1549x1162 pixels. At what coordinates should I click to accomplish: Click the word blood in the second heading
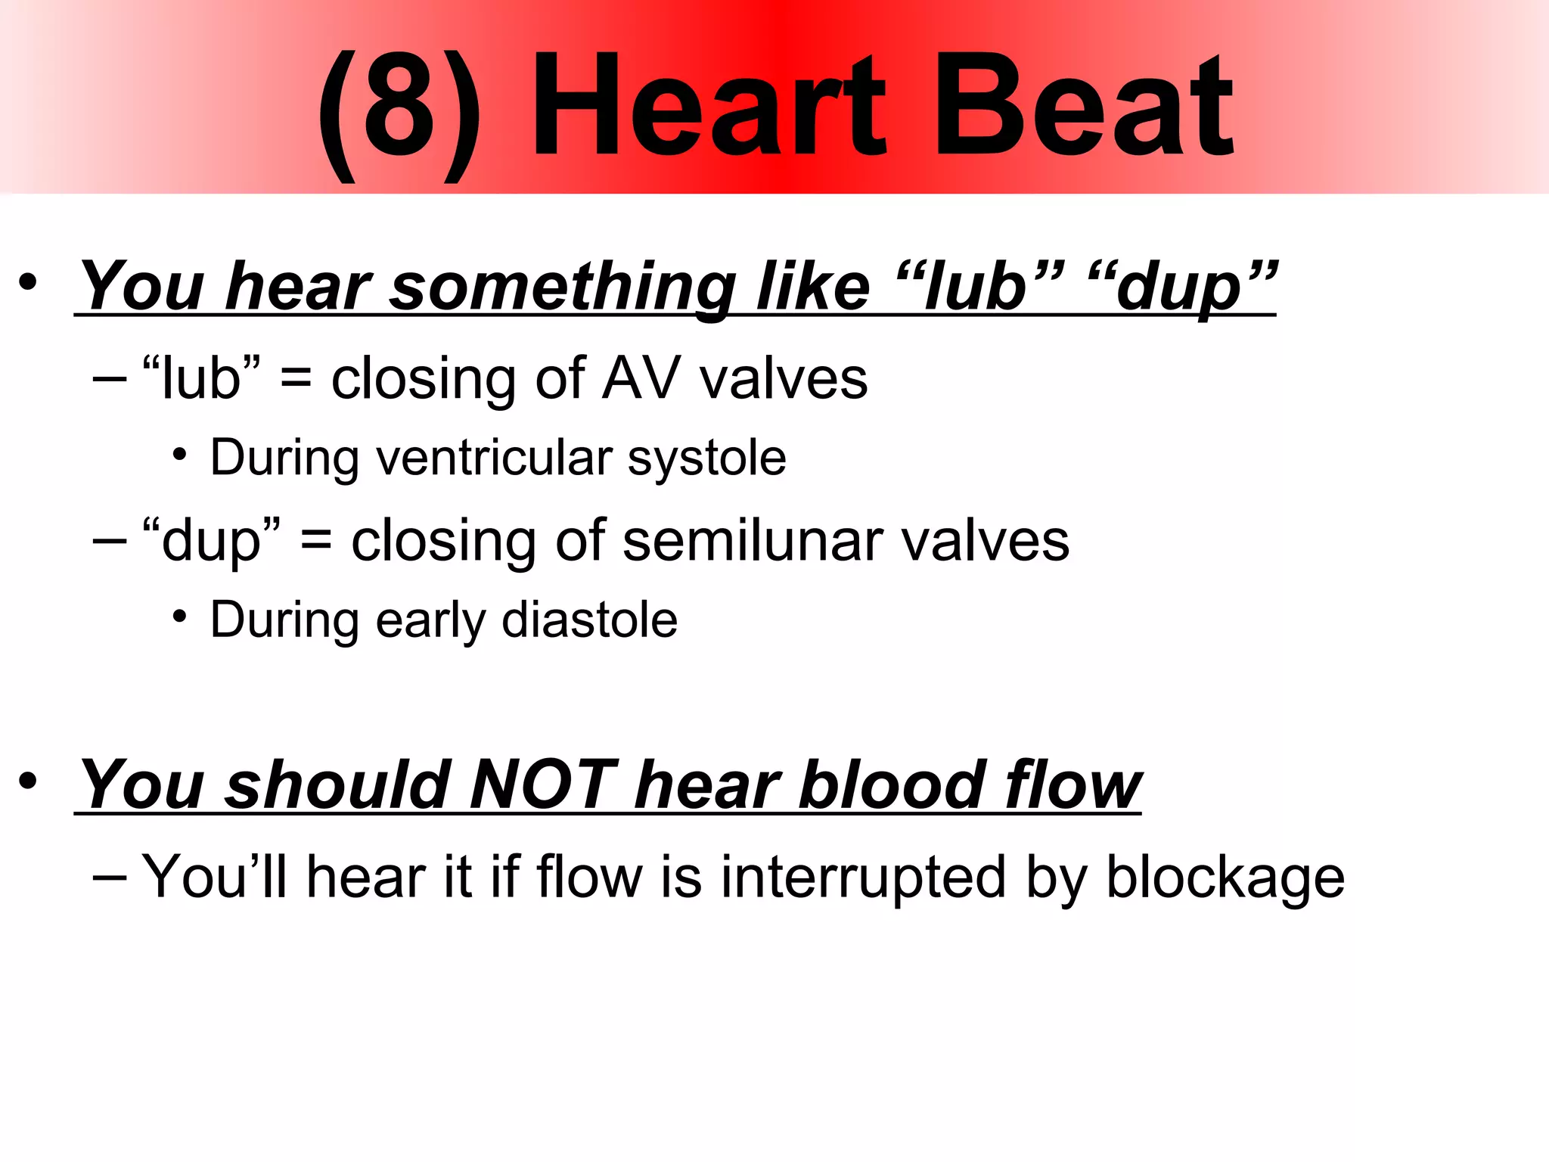(892, 785)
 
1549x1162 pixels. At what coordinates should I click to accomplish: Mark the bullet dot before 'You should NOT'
(28, 781)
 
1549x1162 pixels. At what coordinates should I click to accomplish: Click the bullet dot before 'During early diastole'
(179, 617)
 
